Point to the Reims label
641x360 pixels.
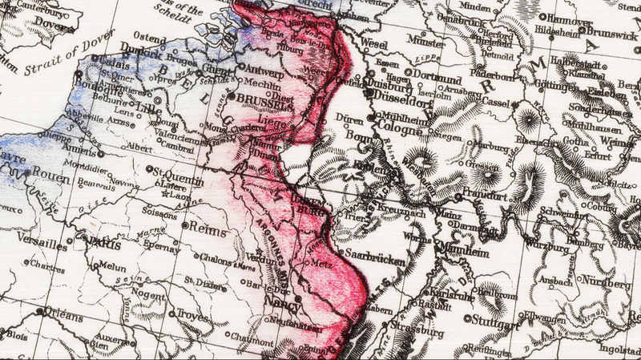208,230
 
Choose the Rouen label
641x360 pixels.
49,172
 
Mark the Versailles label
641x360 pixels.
34,245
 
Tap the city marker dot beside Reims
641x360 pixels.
184,227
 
